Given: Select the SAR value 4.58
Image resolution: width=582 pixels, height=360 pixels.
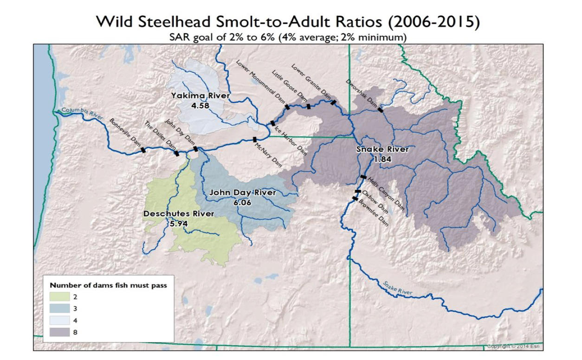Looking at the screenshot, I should tap(200, 105).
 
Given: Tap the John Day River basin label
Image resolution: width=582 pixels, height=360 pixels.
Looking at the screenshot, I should tap(242, 193).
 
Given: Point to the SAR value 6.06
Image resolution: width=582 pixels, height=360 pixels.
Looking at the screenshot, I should tap(243, 202).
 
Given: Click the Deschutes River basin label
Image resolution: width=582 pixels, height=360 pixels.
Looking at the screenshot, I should tap(179, 214).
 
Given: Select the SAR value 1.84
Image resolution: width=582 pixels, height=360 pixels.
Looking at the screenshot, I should tap(382, 159).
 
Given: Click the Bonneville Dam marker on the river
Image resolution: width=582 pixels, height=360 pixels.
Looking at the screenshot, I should tap(143, 150).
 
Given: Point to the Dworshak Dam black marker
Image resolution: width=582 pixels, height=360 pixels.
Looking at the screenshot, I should tap(381, 110).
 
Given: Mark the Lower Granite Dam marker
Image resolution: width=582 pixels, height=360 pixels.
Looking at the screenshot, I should tap(333, 103).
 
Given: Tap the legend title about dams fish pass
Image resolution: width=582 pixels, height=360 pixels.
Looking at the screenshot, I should tap(108, 285).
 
